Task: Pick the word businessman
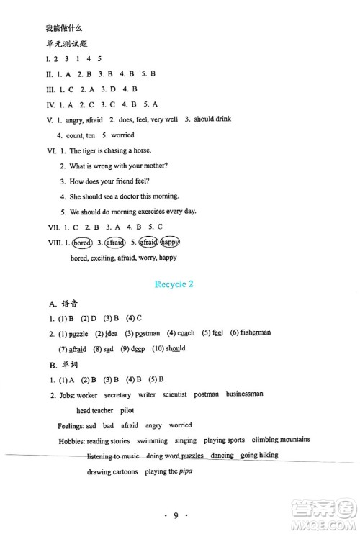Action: (244, 394)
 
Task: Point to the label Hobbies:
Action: (72, 440)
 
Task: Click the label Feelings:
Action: (73, 425)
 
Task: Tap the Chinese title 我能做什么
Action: (63, 27)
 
